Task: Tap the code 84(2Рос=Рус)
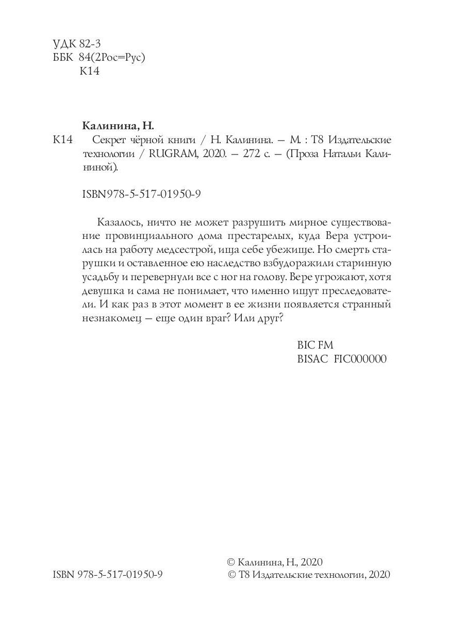[113, 58]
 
